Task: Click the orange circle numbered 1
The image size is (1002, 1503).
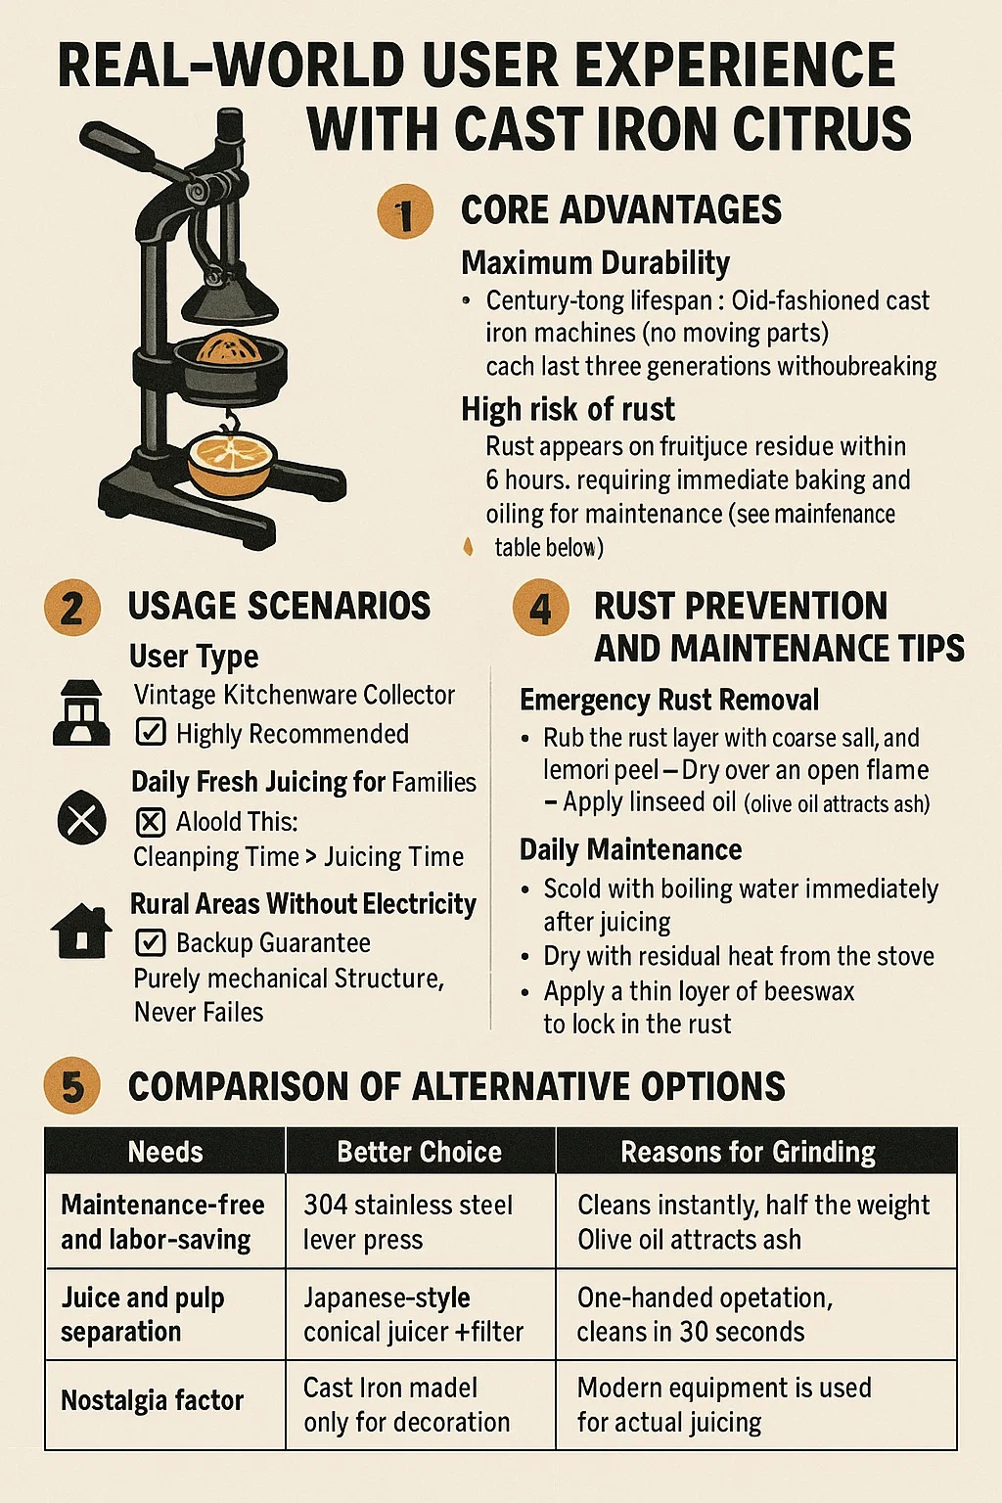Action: (x=405, y=212)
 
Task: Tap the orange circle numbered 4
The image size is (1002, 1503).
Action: (x=540, y=608)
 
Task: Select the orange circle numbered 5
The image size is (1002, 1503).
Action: (x=71, y=1085)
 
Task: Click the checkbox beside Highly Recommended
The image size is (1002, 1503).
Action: (x=151, y=732)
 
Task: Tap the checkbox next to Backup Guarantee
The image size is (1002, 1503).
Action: (x=151, y=942)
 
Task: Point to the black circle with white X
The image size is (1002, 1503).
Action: (x=82, y=819)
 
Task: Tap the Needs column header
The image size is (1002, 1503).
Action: (x=165, y=1152)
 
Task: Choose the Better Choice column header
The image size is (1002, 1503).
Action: (x=420, y=1152)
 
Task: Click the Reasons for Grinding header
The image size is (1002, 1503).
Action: (x=749, y=1152)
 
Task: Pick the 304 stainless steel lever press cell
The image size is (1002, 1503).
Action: (x=408, y=1222)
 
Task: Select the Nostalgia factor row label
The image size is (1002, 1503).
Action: (x=153, y=1400)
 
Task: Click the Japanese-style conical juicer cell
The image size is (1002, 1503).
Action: (x=413, y=1314)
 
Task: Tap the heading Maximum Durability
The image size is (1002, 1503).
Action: (x=596, y=263)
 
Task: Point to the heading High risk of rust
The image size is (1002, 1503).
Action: (x=568, y=409)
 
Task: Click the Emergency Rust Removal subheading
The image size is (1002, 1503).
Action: (x=669, y=700)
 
